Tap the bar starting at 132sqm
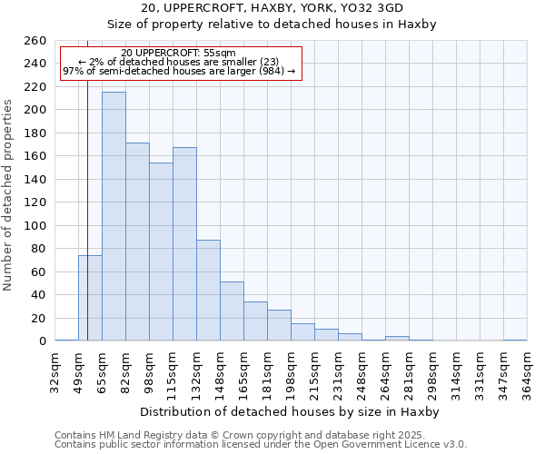click(x=208, y=291)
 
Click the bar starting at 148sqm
click(x=232, y=311)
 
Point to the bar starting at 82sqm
click(x=137, y=242)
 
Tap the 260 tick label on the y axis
click(x=35, y=41)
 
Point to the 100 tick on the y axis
click(x=35, y=225)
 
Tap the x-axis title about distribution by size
click(x=290, y=411)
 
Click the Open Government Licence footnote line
click(x=260, y=445)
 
